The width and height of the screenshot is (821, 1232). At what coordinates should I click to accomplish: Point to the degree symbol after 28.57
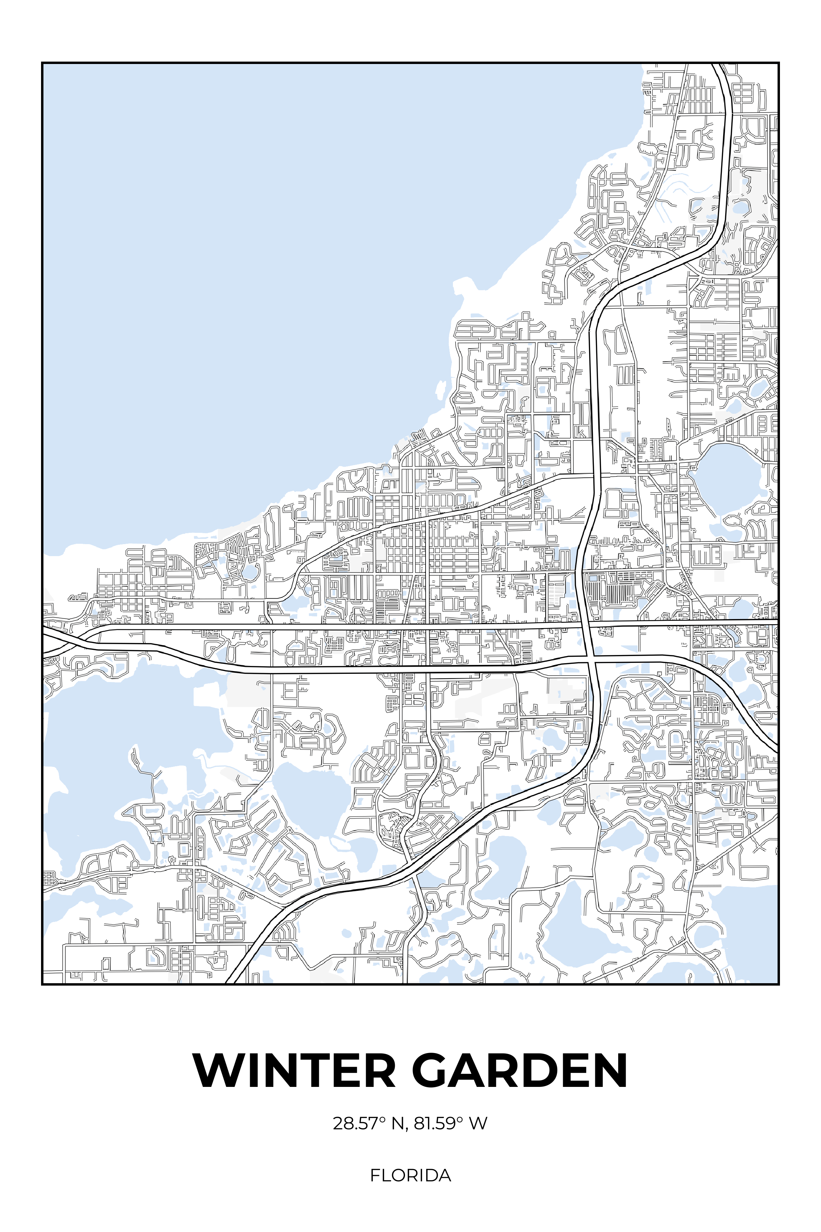pos(382,1119)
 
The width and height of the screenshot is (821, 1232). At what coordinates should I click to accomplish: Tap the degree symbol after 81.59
pos(460,1119)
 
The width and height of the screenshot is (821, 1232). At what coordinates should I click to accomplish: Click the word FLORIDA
pos(410,1176)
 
